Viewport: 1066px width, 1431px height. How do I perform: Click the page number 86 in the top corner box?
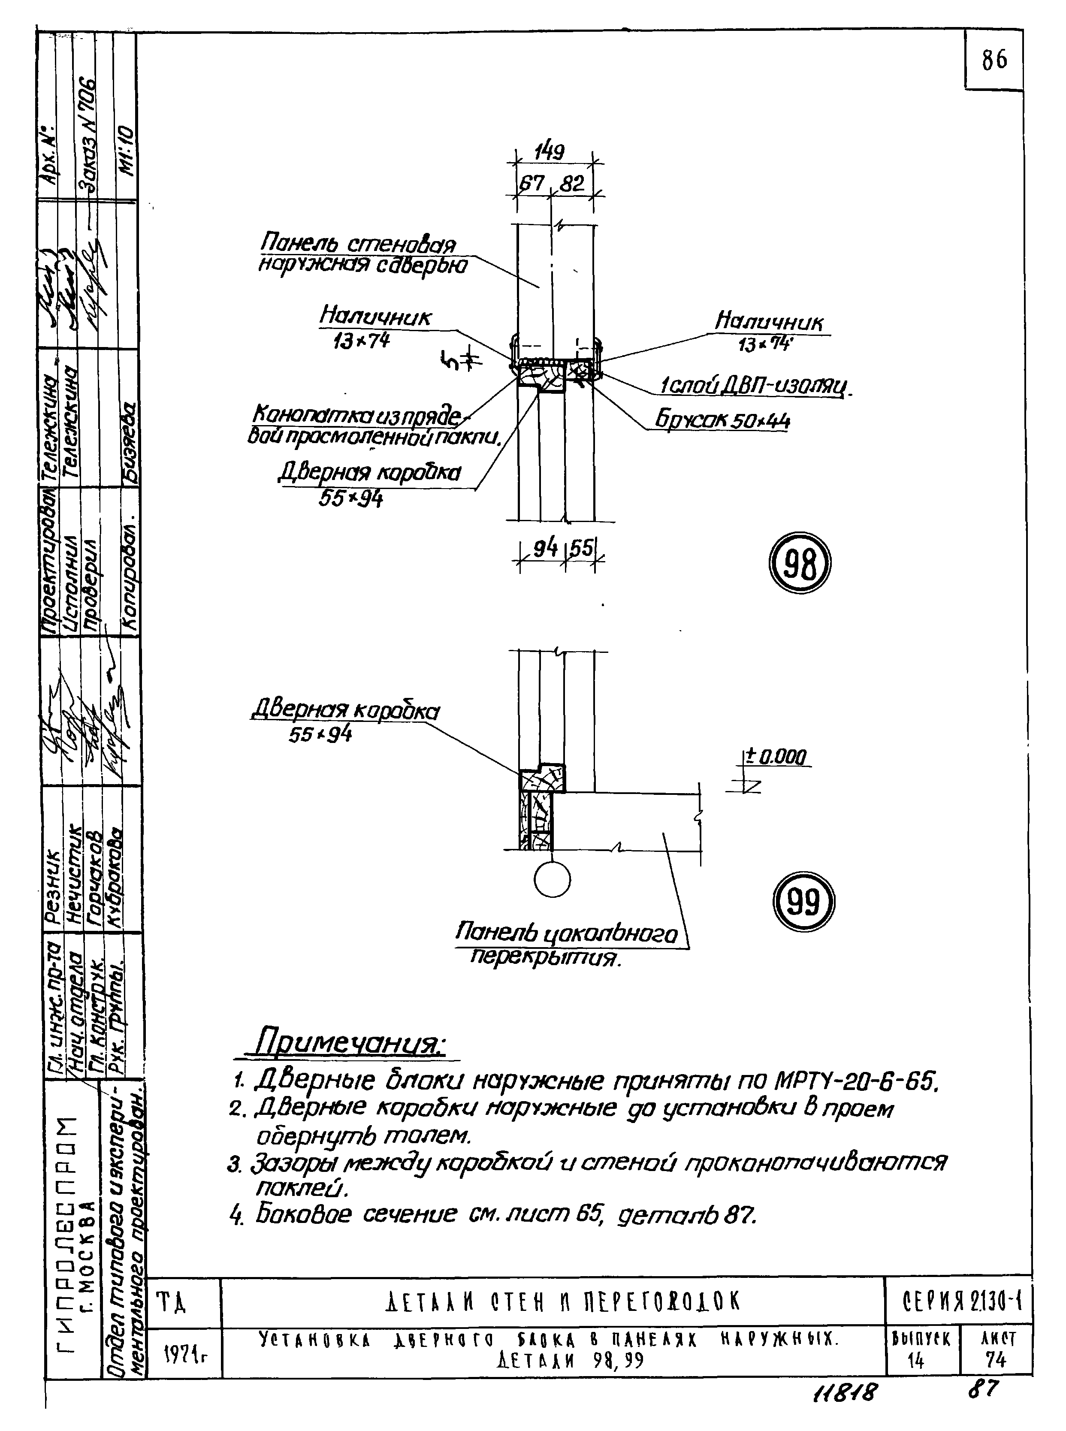pyautogui.click(x=994, y=60)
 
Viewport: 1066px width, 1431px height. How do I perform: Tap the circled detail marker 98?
pyautogui.click(x=800, y=563)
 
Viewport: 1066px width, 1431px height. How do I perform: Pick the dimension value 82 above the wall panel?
pyautogui.click(x=572, y=184)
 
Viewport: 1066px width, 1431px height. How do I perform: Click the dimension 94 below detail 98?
pyautogui.click(x=545, y=548)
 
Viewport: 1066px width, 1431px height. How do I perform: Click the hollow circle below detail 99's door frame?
pyautogui.click(x=553, y=879)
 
